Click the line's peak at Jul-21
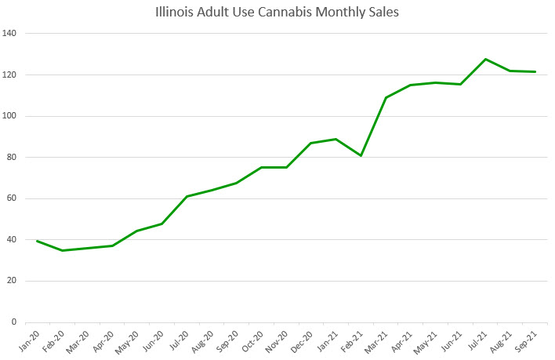(x=486, y=59)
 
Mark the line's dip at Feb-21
(x=361, y=155)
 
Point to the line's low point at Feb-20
(x=63, y=250)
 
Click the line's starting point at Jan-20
(x=38, y=241)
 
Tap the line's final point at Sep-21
(x=535, y=72)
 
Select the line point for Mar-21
(x=386, y=97)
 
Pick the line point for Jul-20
(x=187, y=196)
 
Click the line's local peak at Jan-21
(x=336, y=139)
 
